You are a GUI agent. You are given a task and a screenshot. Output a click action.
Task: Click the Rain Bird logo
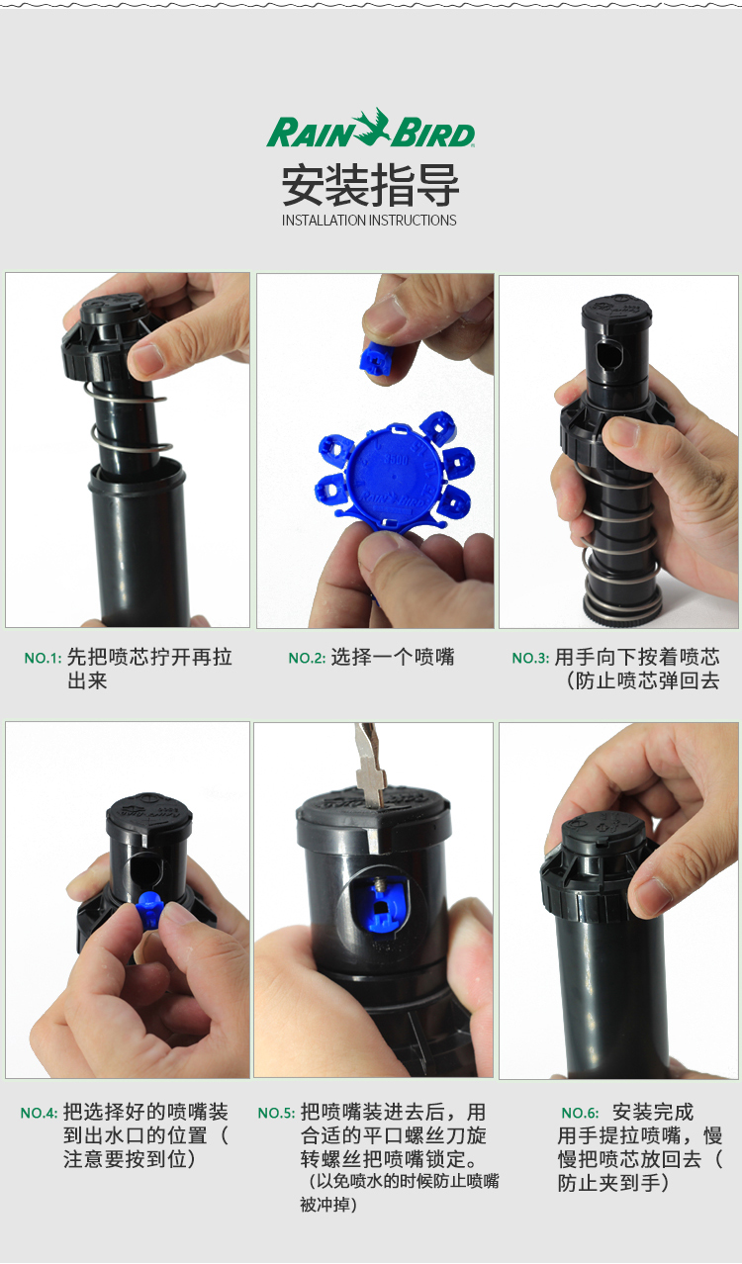click(x=370, y=129)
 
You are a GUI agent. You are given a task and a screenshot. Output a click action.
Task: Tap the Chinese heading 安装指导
click(x=370, y=184)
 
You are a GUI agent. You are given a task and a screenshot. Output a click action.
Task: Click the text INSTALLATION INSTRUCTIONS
click(x=369, y=221)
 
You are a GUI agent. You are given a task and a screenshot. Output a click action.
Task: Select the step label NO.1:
click(x=43, y=658)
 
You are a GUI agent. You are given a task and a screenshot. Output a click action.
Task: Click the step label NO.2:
click(x=307, y=658)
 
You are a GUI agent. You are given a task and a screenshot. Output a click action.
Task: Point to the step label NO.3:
click(x=530, y=658)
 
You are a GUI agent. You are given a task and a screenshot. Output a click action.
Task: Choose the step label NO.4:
click(x=39, y=1113)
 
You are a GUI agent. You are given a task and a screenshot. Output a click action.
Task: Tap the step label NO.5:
click(x=276, y=1113)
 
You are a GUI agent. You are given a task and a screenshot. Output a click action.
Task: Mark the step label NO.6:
click(x=580, y=1113)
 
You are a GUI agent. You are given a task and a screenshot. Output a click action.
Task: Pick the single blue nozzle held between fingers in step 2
click(x=373, y=355)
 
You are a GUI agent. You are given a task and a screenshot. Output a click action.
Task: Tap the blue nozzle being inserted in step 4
click(x=148, y=909)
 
